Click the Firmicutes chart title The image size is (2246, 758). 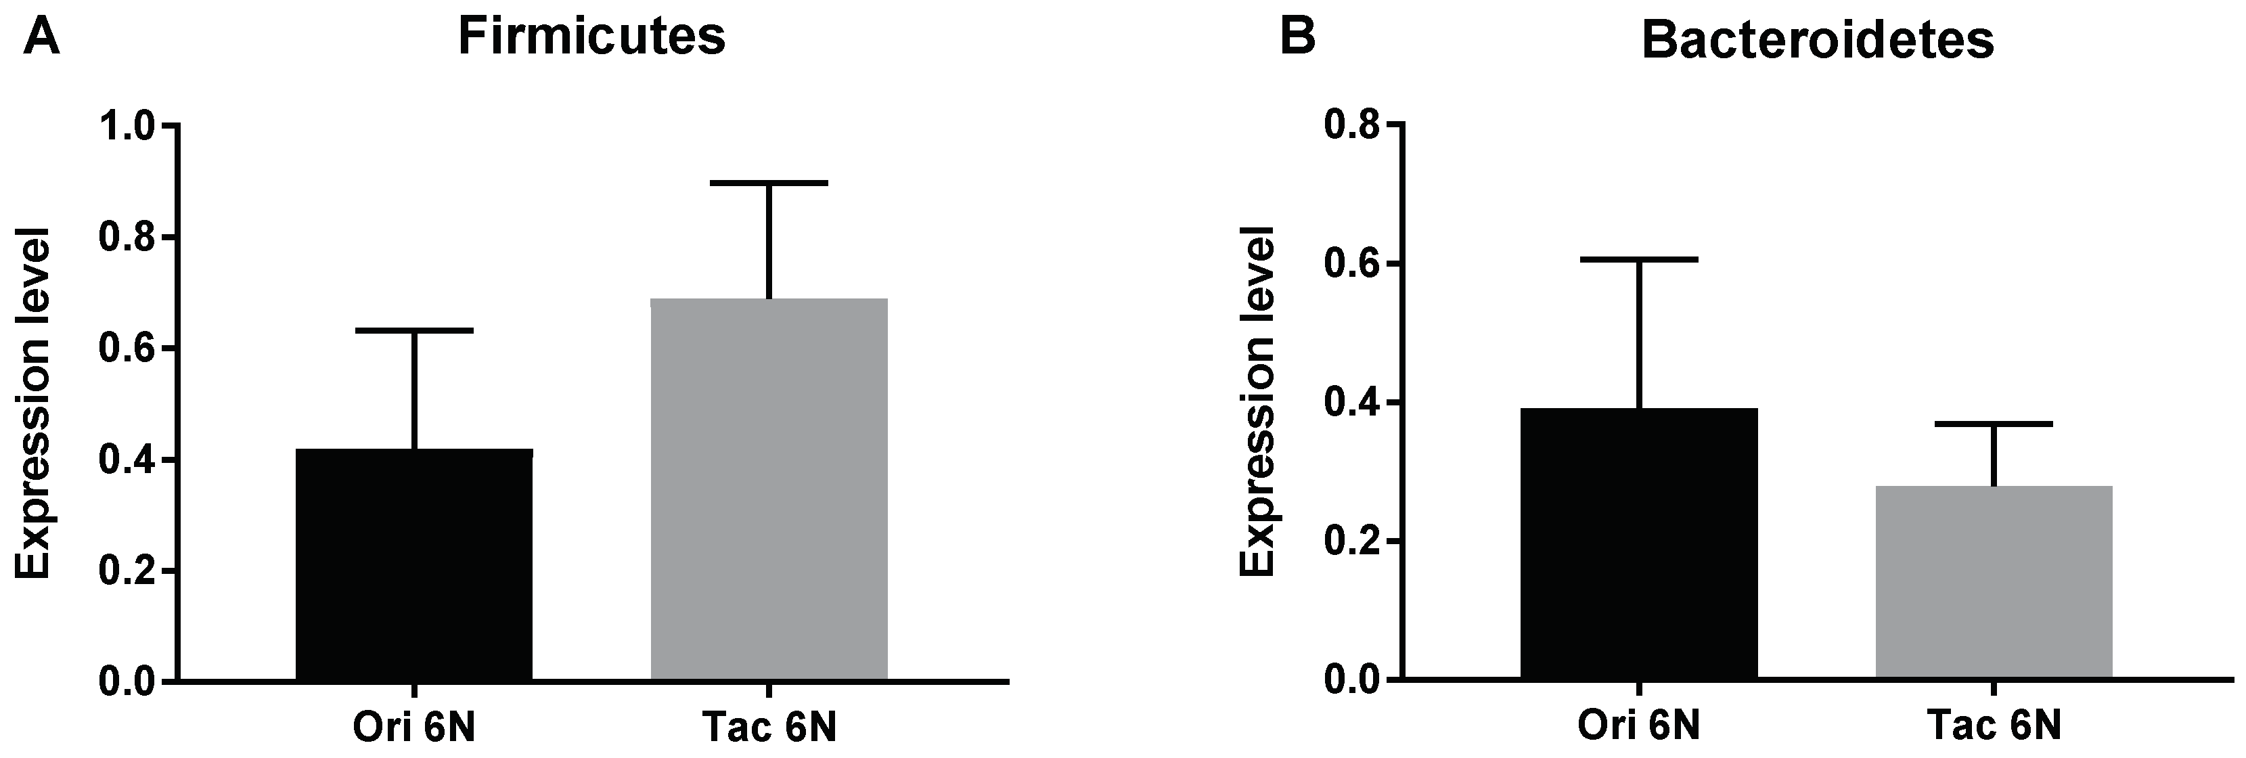pyautogui.click(x=591, y=37)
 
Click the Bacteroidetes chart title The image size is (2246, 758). pyautogui.click(x=1817, y=40)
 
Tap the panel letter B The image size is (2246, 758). pyautogui.click(x=1297, y=37)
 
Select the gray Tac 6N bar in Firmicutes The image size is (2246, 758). pyautogui.click(x=769, y=489)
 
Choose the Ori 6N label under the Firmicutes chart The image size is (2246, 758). pyautogui.click(x=414, y=728)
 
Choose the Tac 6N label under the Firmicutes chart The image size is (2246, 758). pyautogui.click(x=769, y=728)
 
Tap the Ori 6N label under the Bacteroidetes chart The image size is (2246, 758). pyautogui.click(x=1639, y=728)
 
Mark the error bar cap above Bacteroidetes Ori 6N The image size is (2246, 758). pyautogui.click(x=1639, y=260)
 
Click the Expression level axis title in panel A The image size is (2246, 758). pyautogui.click(x=35, y=403)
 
